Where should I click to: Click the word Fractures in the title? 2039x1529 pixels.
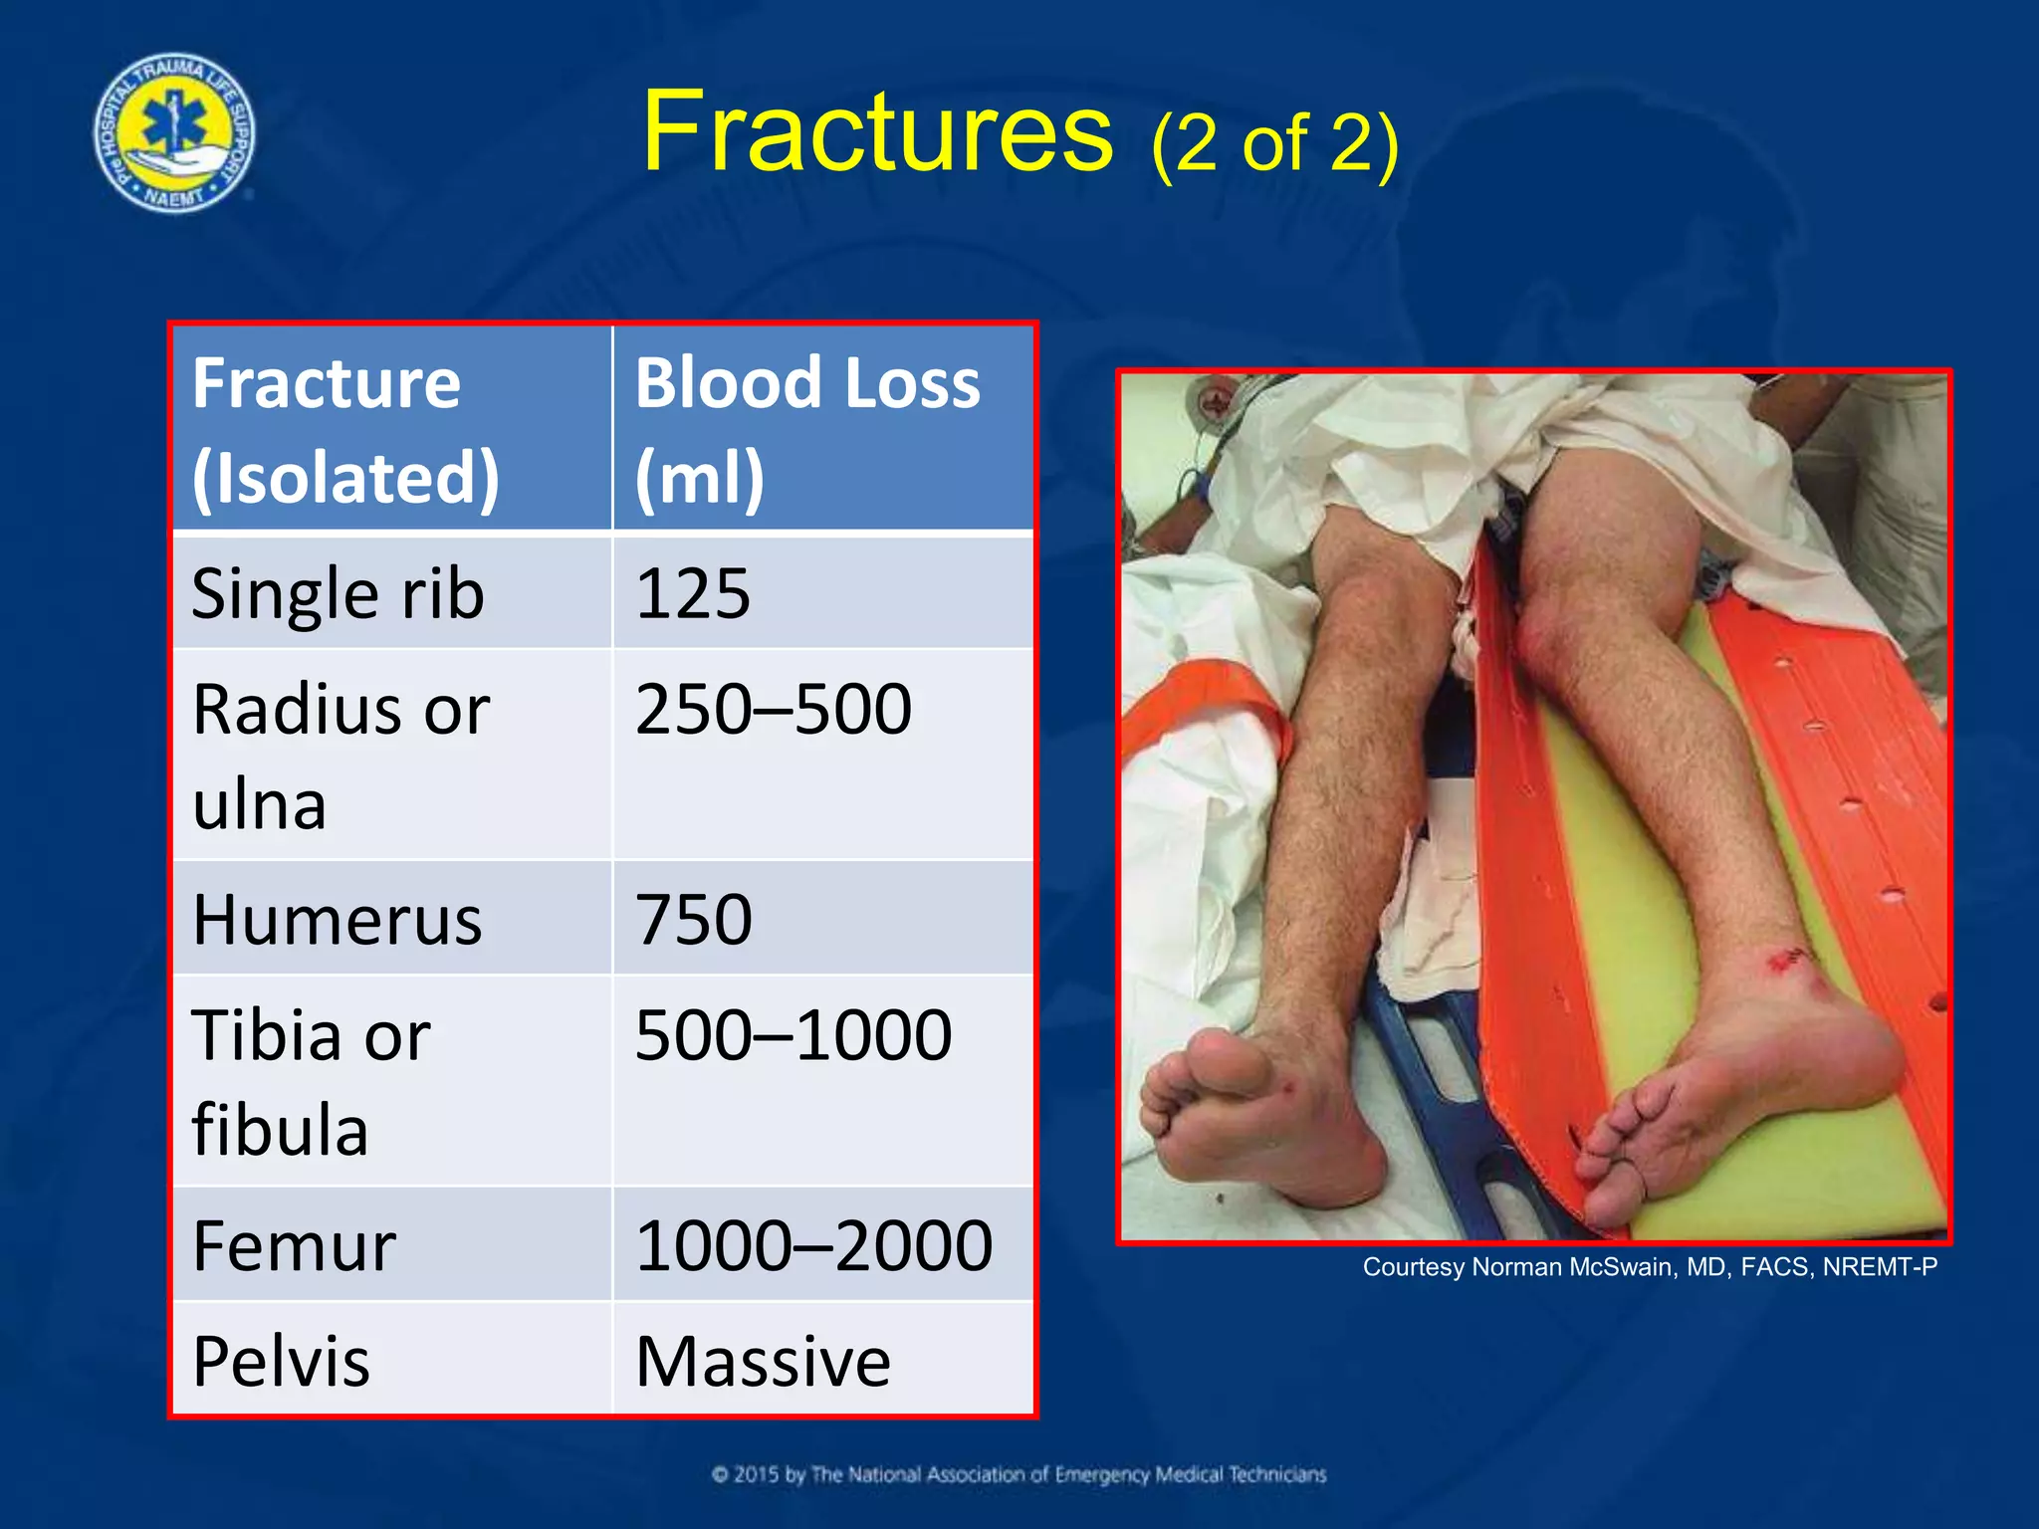pos(876,132)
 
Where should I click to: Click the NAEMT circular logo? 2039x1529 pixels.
pos(174,132)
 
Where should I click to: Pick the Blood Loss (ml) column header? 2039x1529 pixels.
pos(806,430)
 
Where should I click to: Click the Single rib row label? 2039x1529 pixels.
pos(339,594)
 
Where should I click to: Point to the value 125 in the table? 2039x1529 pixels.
pos(693,594)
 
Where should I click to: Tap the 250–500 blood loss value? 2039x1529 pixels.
pos(773,710)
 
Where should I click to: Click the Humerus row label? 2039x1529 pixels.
pos(337,920)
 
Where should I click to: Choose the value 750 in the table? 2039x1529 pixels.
pos(693,920)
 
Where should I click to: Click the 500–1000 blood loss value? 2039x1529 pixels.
pos(793,1036)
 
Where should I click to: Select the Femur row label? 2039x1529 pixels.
pos(294,1246)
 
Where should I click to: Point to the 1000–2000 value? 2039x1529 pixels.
pos(812,1246)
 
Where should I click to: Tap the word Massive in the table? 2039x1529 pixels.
pos(763,1362)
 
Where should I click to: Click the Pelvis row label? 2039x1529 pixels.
pos(281,1362)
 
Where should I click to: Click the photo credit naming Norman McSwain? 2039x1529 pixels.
pos(1650,1267)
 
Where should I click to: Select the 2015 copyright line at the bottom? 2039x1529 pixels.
pos(1019,1474)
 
